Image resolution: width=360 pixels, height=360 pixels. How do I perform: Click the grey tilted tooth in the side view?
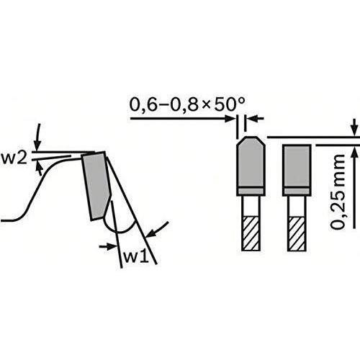(96, 184)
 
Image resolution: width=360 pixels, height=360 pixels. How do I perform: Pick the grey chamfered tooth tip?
(249, 164)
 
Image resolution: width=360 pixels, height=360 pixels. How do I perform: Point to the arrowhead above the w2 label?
(37, 132)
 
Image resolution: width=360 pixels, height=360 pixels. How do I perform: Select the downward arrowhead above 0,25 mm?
(354, 128)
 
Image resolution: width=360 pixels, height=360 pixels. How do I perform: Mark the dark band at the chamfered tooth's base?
(249, 191)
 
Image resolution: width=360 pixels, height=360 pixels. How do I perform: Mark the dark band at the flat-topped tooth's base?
(296, 191)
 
